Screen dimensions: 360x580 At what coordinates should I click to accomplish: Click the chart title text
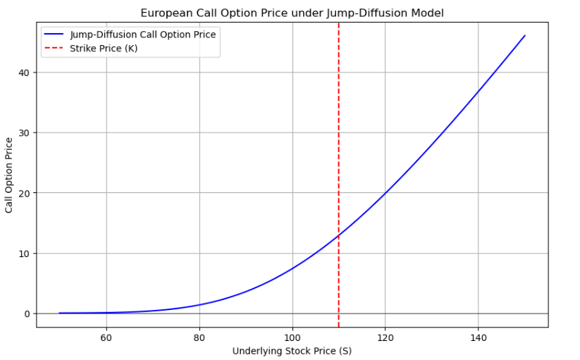[x=292, y=13]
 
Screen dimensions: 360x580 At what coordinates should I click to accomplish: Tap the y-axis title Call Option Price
[x=9, y=175]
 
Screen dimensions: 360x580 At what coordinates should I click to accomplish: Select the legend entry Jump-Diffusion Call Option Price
[x=142, y=35]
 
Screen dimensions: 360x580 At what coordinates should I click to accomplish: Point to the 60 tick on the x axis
[x=106, y=338]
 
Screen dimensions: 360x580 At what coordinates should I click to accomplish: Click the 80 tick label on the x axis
[x=199, y=338]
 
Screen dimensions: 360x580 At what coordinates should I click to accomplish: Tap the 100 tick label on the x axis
[x=292, y=338]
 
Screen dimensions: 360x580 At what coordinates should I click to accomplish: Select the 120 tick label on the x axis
[x=385, y=338]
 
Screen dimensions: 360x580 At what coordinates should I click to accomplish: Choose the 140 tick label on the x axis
[x=479, y=338]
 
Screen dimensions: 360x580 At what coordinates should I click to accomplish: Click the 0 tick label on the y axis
[x=26, y=314]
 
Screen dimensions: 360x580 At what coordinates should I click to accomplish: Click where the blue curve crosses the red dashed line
[x=339, y=235]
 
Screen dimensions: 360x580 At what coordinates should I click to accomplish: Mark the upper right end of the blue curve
[x=525, y=35]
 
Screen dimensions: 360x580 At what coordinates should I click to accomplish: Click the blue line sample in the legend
[x=55, y=35]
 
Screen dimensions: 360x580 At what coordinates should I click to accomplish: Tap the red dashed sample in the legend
[x=55, y=48]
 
